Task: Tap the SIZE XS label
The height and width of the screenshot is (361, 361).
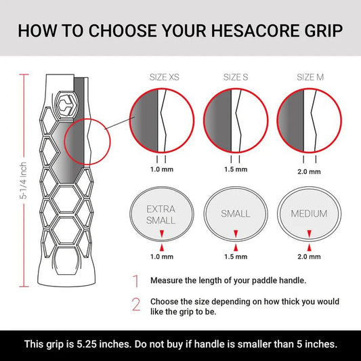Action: (164, 77)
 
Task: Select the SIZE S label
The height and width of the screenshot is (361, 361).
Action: (236, 77)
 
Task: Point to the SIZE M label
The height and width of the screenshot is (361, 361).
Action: (310, 77)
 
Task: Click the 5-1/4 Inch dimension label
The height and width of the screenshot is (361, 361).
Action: (24, 180)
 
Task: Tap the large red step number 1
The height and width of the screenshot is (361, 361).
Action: (136, 281)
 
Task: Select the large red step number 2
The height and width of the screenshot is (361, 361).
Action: (136, 305)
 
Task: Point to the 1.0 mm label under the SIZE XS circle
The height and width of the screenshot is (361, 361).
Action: (162, 169)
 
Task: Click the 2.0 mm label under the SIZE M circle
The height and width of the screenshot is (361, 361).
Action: (309, 172)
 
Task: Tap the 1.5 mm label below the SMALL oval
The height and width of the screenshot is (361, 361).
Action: (236, 257)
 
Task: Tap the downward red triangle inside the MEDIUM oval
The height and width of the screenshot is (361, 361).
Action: (310, 234)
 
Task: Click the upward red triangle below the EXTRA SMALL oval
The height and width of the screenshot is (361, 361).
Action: (162, 248)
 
